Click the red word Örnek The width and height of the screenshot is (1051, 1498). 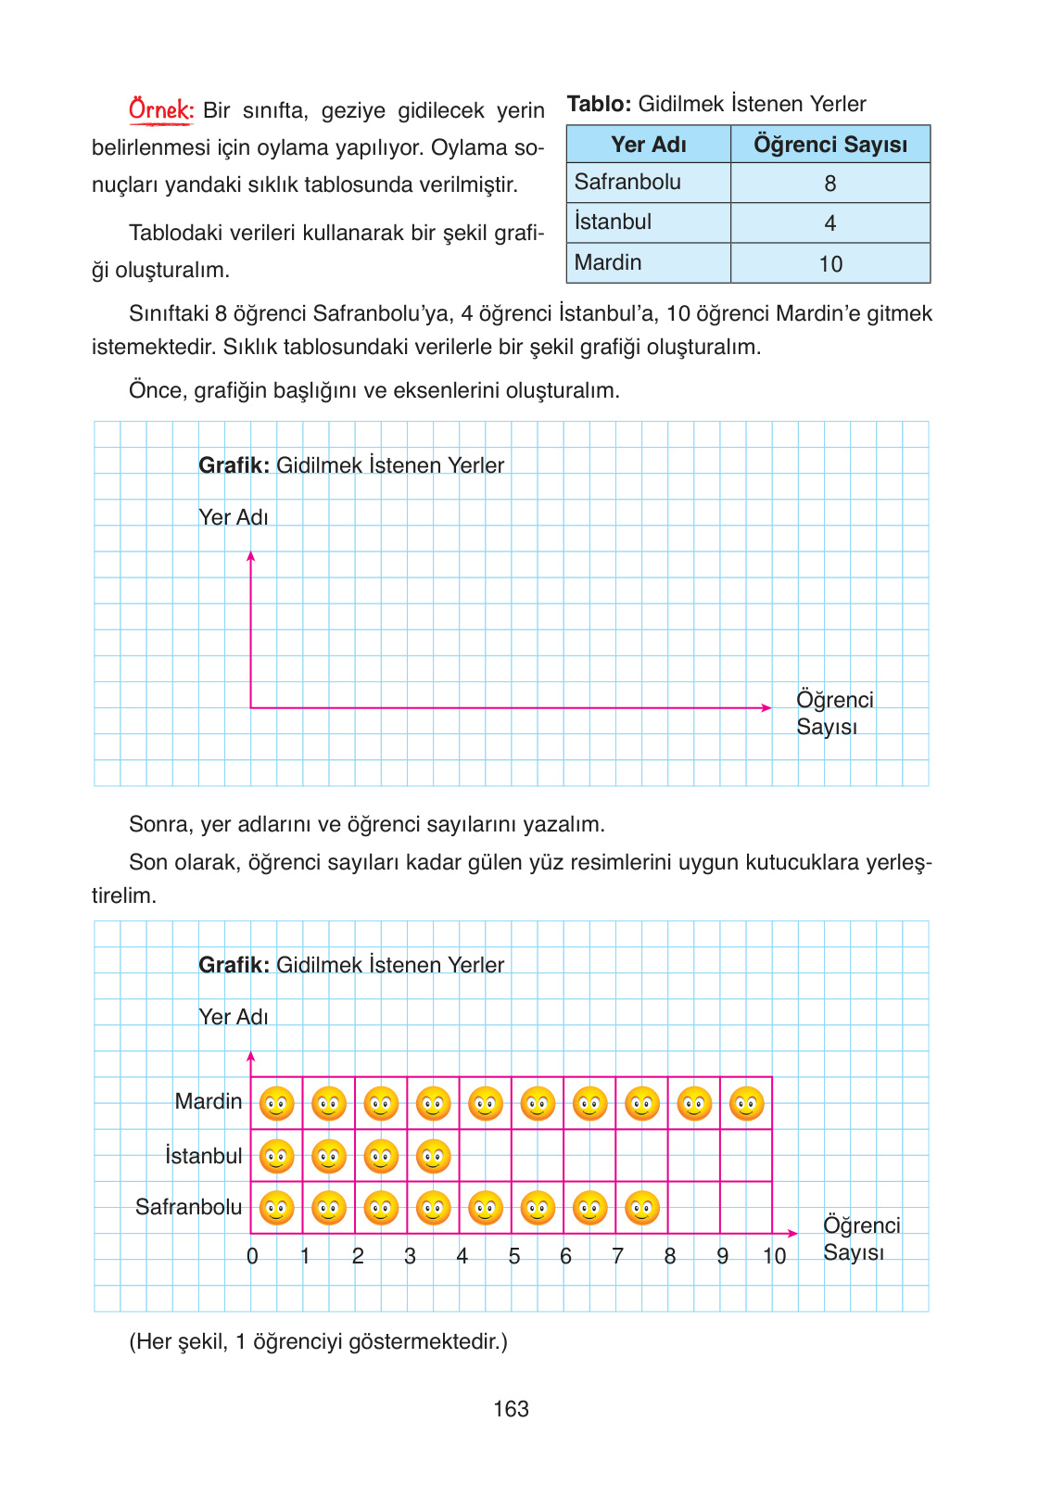(x=160, y=110)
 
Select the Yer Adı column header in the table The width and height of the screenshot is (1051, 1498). (x=648, y=145)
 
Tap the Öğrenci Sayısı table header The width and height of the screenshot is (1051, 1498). (x=829, y=145)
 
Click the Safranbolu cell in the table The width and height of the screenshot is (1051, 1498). (x=627, y=182)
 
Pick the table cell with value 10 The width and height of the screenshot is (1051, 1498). (x=829, y=264)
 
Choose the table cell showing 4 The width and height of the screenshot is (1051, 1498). (x=829, y=223)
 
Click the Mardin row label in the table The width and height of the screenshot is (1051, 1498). (x=608, y=262)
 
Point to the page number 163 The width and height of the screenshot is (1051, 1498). (x=511, y=1409)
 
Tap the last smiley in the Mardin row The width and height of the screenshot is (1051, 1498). (x=746, y=1103)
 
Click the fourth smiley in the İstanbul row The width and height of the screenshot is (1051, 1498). (x=433, y=1156)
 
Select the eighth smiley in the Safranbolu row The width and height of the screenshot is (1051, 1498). (x=641, y=1208)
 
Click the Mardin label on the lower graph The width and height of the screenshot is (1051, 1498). (x=209, y=1101)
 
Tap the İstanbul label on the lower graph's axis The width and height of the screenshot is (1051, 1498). (x=204, y=1156)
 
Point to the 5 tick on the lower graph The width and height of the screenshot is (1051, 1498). (x=514, y=1256)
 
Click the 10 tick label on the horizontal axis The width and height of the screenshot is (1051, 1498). (x=774, y=1256)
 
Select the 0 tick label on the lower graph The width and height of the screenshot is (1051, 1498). (x=252, y=1256)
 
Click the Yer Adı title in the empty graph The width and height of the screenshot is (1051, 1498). (x=234, y=517)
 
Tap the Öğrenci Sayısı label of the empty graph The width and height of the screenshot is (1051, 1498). (x=834, y=713)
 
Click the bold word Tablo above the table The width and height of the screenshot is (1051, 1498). (x=599, y=104)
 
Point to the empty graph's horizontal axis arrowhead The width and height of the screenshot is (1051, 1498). (x=766, y=707)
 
